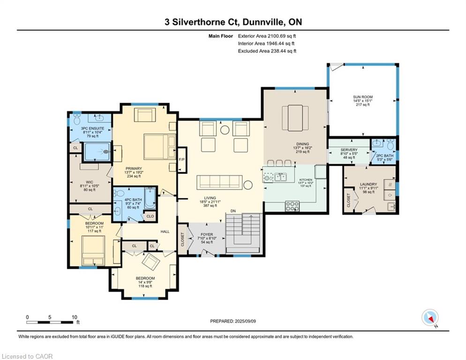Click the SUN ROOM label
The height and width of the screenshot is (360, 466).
point(362,97)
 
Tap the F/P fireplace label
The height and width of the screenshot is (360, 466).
point(181,160)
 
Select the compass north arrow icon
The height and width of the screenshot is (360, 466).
point(430,317)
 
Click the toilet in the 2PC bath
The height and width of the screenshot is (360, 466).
point(390,144)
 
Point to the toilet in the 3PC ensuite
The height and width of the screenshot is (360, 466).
point(77,119)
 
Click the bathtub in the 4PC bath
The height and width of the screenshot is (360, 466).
point(150,198)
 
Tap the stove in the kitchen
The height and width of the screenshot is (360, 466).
point(292,206)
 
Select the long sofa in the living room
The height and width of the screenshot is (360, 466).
point(219,182)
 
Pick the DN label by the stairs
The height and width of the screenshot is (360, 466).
point(233,211)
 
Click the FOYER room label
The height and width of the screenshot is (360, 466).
point(207,234)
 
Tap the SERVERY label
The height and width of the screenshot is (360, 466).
point(349,150)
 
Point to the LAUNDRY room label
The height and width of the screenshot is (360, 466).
point(368,184)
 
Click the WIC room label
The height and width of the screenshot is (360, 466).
point(90,182)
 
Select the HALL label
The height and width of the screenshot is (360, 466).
point(165,231)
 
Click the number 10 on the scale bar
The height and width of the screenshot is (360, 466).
point(74,317)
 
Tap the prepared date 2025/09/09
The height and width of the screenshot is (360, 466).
point(245,321)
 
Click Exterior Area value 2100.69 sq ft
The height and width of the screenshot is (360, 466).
point(282,36)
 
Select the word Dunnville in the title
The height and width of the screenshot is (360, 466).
point(263,22)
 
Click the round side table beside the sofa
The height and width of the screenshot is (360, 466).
point(248,185)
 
